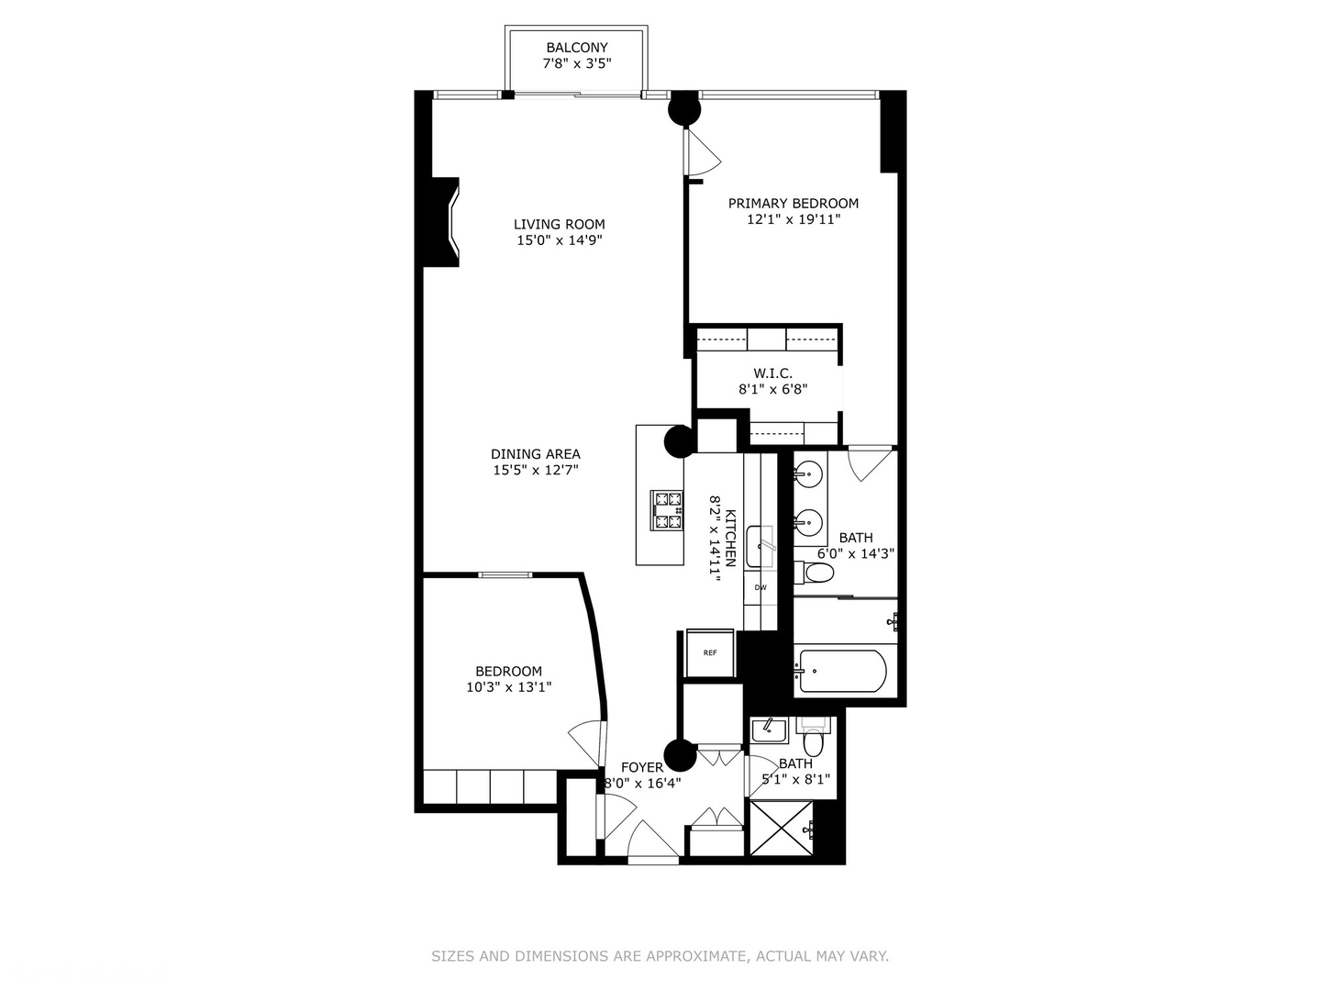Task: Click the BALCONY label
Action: (x=577, y=48)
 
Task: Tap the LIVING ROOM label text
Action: (x=559, y=224)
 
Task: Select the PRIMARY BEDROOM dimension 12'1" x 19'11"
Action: (x=794, y=219)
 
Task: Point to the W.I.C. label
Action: (x=772, y=373)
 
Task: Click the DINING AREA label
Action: (x=535, y=453)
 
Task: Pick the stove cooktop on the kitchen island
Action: (x=667, y=510)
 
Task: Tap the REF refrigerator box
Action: (x=710, y=653)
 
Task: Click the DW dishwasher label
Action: (x=760, y=587)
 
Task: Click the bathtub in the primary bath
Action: (x=842, y=671)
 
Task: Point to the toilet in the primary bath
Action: (x=815, y=573)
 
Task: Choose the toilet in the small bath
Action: (x=813, y=738)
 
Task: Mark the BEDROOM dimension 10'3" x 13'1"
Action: (x=508, y=687)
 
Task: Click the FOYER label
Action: (x=641, y=767)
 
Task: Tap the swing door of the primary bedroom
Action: (x=704, y=152)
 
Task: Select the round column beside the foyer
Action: (x=680, y=755)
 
